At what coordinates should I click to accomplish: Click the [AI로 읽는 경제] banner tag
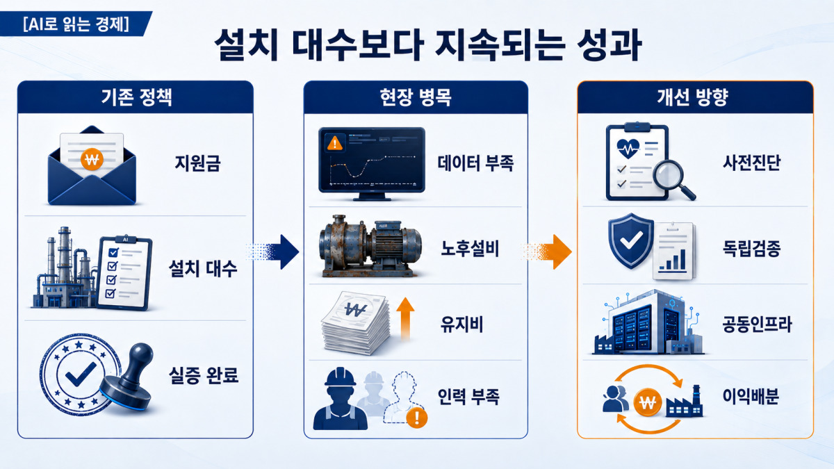(x=76, y=24)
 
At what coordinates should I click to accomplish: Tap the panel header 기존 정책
(x=136, y=97)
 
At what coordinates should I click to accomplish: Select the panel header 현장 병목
(x=416, y=97)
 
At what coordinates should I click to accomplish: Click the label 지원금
(x=197, y=163)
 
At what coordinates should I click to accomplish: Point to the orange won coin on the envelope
(x=92, y=159)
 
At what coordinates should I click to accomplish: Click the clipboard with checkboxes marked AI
(x=124, y=273)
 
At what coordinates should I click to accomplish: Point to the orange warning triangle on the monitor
(x=335, y=142)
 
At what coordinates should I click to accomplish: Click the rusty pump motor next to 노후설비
(x=370, y=246)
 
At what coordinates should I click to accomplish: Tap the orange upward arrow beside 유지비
(x=405, y=319)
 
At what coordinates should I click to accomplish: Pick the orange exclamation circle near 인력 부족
(x=416, y=418)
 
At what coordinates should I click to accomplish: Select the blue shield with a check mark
(x=631, y=241)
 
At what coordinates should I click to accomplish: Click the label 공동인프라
(x=757, y=324)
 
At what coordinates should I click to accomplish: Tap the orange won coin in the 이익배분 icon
(x=648, y=402)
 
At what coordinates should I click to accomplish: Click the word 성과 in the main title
(x=609, y=44)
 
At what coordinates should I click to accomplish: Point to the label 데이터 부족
(x=475, y=163)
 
